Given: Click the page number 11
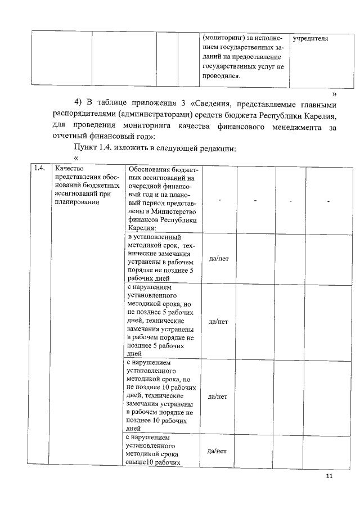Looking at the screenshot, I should tap(329, 476).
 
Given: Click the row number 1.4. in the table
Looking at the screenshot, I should tap(39, 168).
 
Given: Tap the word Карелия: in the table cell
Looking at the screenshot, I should tap(142, 229).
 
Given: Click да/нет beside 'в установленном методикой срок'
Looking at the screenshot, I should tap(218, 258).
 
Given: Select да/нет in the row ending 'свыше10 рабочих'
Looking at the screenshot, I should tap(218, 451).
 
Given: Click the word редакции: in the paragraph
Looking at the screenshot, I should tap(211, 149).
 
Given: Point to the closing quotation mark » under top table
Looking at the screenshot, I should tap(335, 93).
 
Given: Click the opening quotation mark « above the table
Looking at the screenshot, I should tap(76, 159).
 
